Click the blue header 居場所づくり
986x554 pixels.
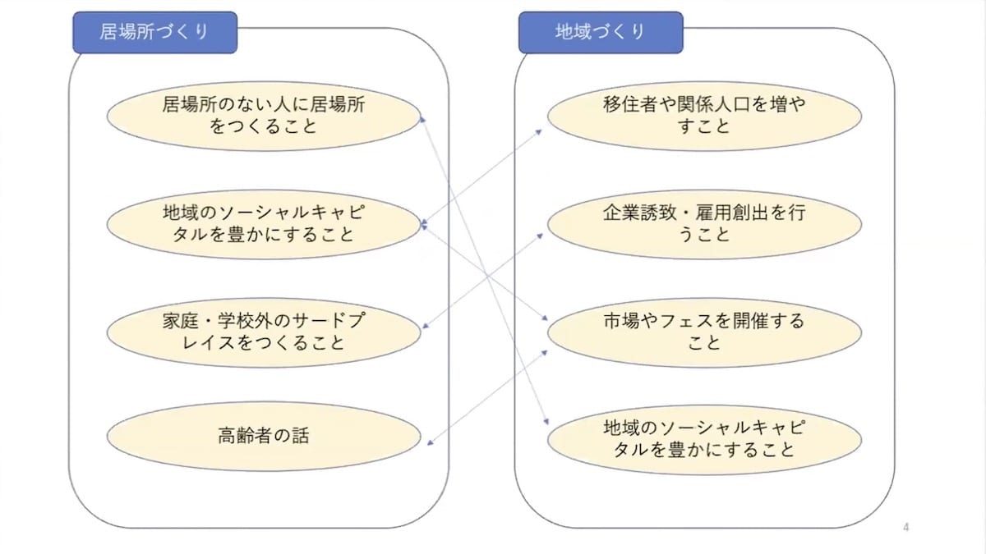tap(154, 33)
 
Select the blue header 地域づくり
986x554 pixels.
tap(600, 33)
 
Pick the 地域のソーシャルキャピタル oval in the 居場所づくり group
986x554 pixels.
tap(264, 223)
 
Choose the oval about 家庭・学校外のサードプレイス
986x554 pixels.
tap(264, 332)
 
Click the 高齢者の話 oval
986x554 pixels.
tap(264, 436)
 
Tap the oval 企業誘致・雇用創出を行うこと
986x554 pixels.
tap(704, 223)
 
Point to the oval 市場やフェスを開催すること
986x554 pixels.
tap(704, 332)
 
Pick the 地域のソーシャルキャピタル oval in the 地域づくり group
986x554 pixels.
tap(704, 439)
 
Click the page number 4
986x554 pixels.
tap(905, 527)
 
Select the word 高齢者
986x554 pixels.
tap(246, 436)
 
